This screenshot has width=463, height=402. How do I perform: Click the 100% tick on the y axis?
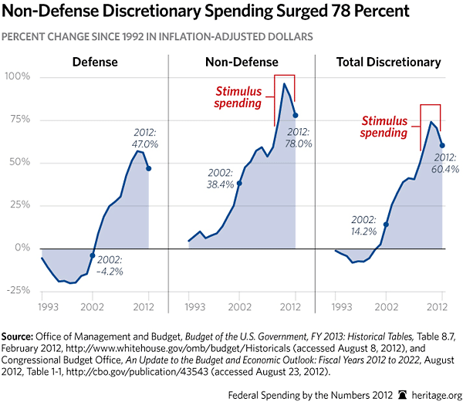[17, 77]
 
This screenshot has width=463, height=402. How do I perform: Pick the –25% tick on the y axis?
[17, 290]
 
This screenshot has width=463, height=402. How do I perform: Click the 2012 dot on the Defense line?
[148, 168]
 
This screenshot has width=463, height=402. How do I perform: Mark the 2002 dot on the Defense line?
[93, 255]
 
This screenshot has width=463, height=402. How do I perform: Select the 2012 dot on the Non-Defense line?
[296, 115]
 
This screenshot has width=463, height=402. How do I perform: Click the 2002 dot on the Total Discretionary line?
[386, 224]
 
